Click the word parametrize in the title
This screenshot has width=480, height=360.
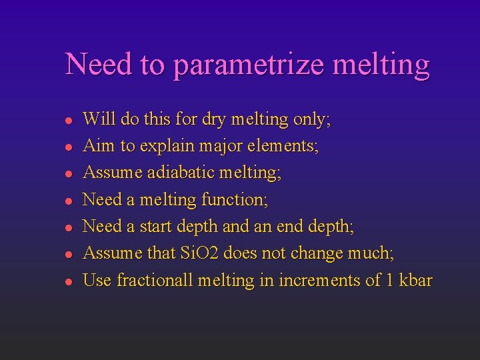(x=249, y=65)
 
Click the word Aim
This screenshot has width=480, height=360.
(x=97, y=146)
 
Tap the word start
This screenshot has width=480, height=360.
(x=155, y=226)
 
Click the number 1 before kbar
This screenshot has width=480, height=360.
(x=388, y=280)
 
